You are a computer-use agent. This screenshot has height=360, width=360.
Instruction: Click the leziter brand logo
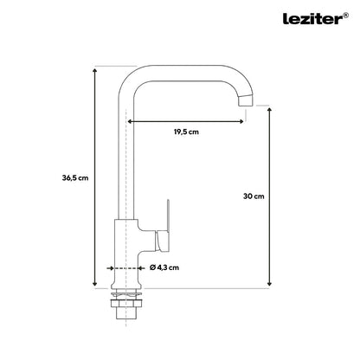312,19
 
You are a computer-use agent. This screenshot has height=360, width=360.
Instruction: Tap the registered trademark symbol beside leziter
345,16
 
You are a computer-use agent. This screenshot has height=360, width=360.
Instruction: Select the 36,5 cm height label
75,178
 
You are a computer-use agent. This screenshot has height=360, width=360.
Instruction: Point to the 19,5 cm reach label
186,132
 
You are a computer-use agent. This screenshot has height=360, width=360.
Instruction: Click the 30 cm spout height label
254,196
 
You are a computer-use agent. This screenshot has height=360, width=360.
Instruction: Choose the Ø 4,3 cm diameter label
164,267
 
